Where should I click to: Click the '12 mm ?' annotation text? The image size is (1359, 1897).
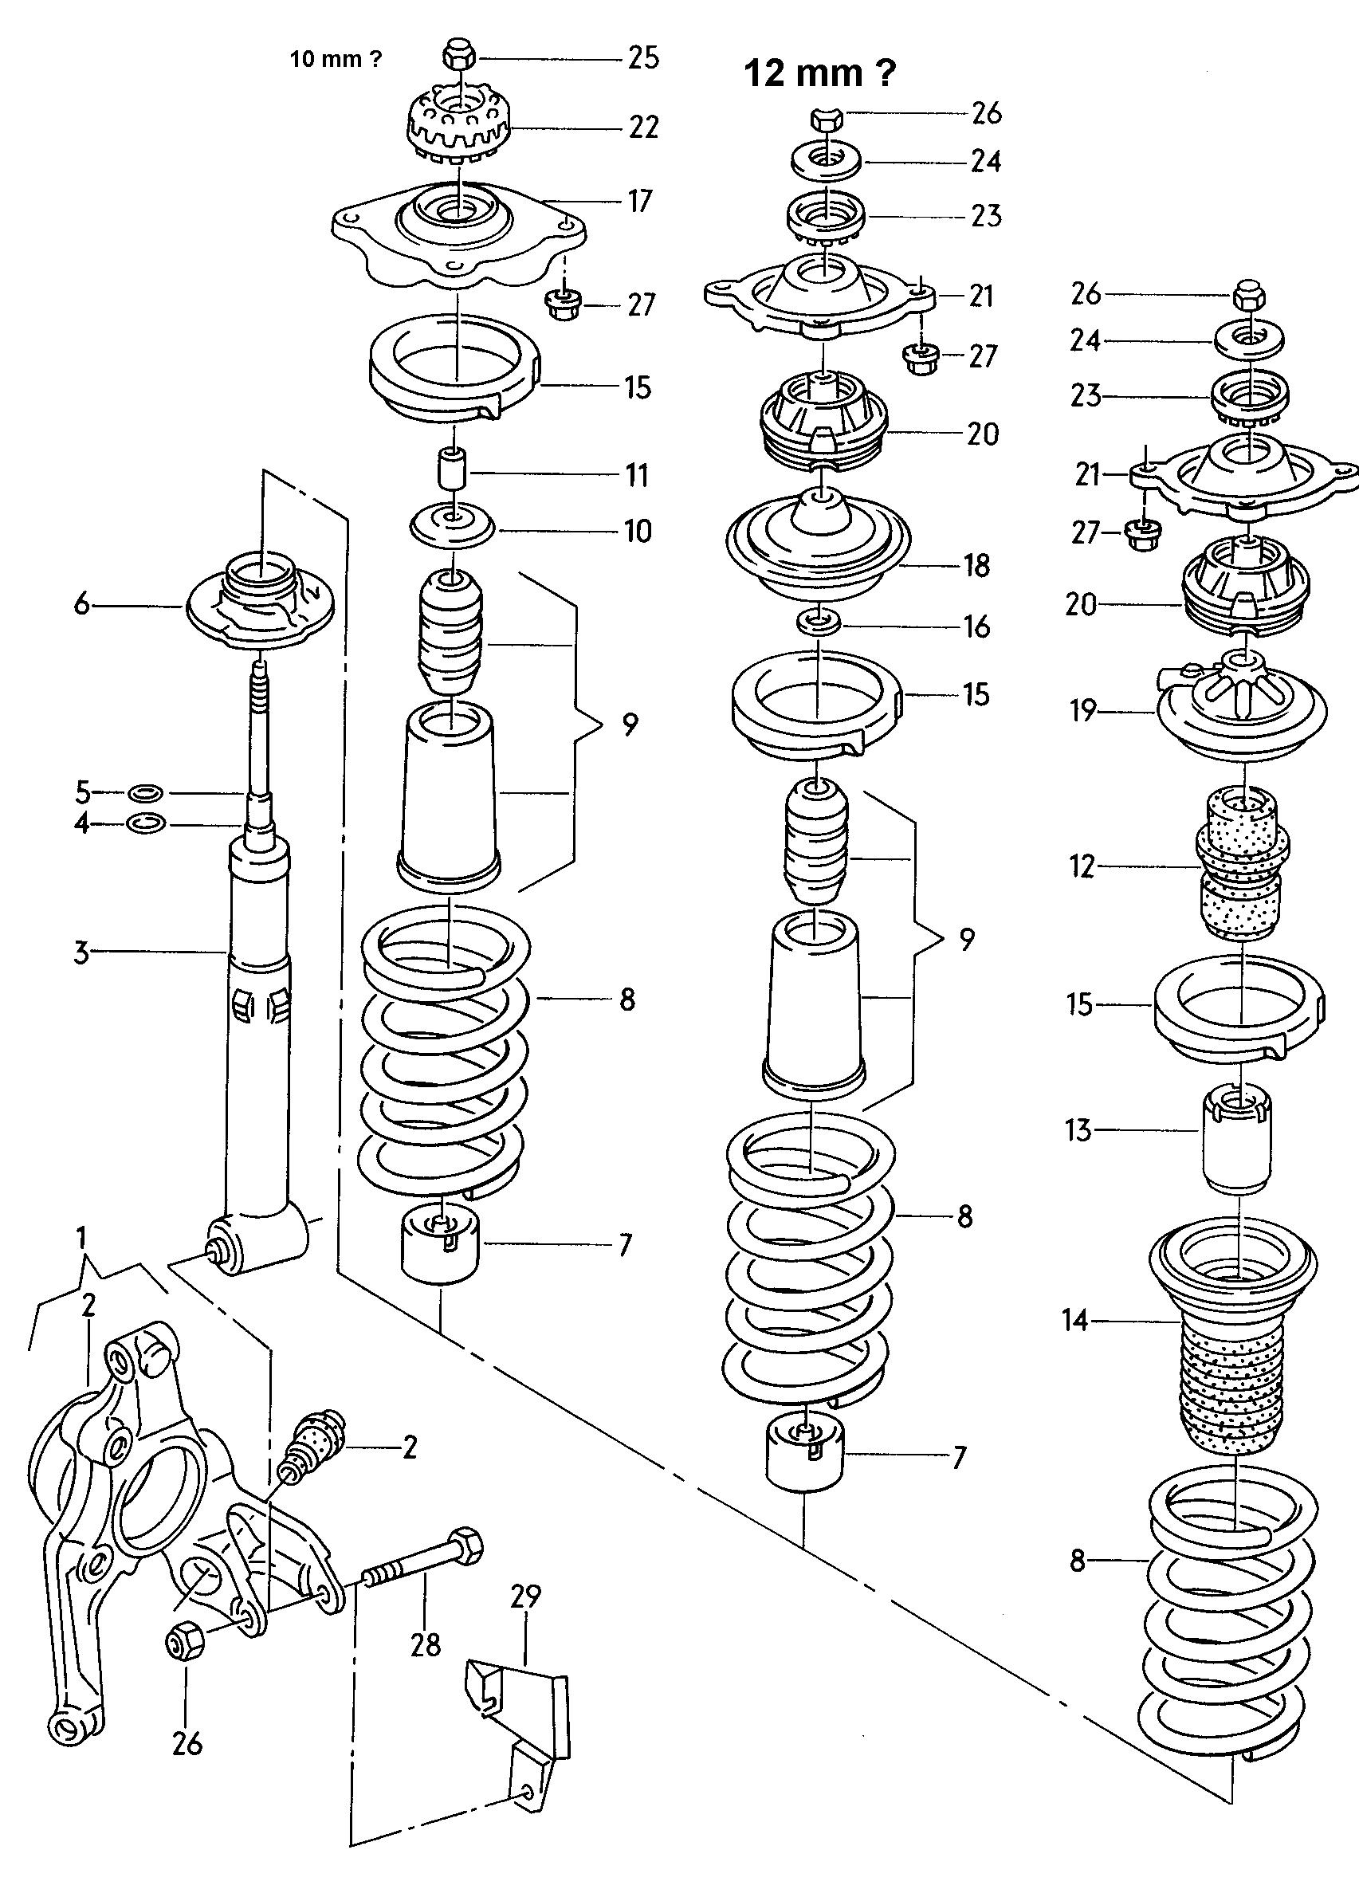(819, 73)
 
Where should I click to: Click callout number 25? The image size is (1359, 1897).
(643, 57)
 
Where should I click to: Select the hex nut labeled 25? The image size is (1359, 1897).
(458, 57)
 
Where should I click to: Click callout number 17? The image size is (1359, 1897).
(639, 201)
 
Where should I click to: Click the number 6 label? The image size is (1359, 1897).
(81, 604)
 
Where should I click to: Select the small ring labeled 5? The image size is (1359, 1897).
(147, 791)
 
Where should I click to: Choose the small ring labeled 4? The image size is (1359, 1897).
(147, 824)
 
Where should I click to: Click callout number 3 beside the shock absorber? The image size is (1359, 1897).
(81, 952)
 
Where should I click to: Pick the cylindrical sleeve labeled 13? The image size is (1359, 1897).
(1238, 1137)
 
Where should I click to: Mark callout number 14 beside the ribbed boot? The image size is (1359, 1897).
(1075, 1321)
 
